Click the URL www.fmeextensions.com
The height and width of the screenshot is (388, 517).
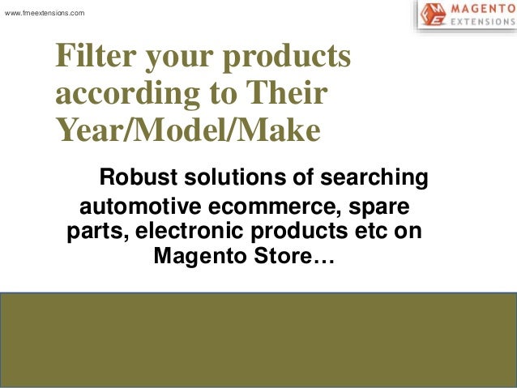(x=45, y=12)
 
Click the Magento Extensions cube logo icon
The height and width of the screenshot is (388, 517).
(x=432, y=15)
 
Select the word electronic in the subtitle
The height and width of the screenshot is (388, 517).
(x=192, y=232)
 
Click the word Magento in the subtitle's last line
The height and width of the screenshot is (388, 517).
(x=194, y=260)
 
